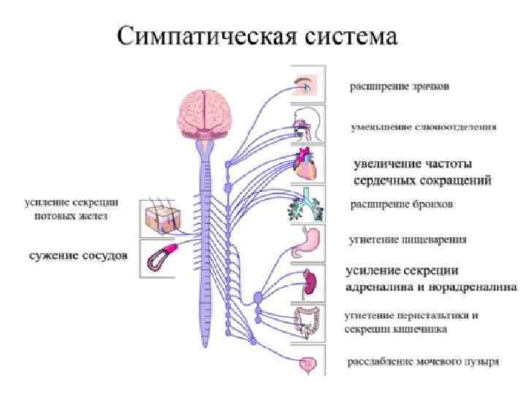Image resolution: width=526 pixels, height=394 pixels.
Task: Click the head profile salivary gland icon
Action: pyautogui.click(x=305, y=124)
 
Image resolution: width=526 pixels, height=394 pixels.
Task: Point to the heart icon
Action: pyautogui.click(x=305, y=166)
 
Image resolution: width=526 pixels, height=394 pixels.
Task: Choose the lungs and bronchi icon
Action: pyautogui.click(x=305, y=205)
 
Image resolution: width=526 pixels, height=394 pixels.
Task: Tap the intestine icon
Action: pyautogui.click(x=307, y=322)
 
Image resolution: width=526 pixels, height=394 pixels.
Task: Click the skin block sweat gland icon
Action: pyautogui.click(x=159, y=216)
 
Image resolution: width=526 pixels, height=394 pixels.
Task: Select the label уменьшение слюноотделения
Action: pyautogui.click(x=423, y=127)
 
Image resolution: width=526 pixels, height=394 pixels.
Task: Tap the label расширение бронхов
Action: pyautogui.click(x=402, y=204)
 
